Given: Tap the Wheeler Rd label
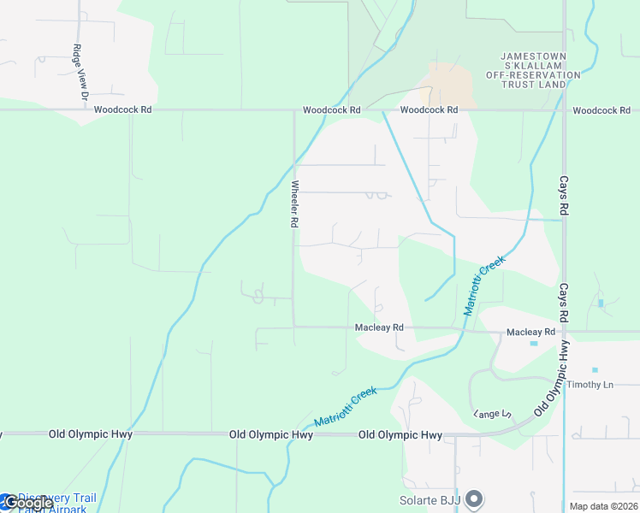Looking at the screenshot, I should [x=293, y=203].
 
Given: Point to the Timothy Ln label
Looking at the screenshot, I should [x=591, y=385].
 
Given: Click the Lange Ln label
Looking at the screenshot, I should [x=492, y=414].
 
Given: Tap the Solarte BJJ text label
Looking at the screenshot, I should [x=431, y=500].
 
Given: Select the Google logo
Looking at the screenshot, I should [x=27, y=503].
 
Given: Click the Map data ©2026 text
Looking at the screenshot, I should [x=604, y=506].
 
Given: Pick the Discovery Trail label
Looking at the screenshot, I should [x=56, y=498].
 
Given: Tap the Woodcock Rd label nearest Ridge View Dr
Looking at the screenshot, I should [x=122, y=109].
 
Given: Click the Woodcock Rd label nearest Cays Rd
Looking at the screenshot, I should [x=601, y=110].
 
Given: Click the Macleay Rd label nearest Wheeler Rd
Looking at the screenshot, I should [x=379, y=327].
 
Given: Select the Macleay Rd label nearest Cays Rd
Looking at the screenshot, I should [x=530, y=332].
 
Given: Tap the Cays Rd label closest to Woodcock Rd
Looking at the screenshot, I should [x=564, y=196].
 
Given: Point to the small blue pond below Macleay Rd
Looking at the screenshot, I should [x=534, y=344].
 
